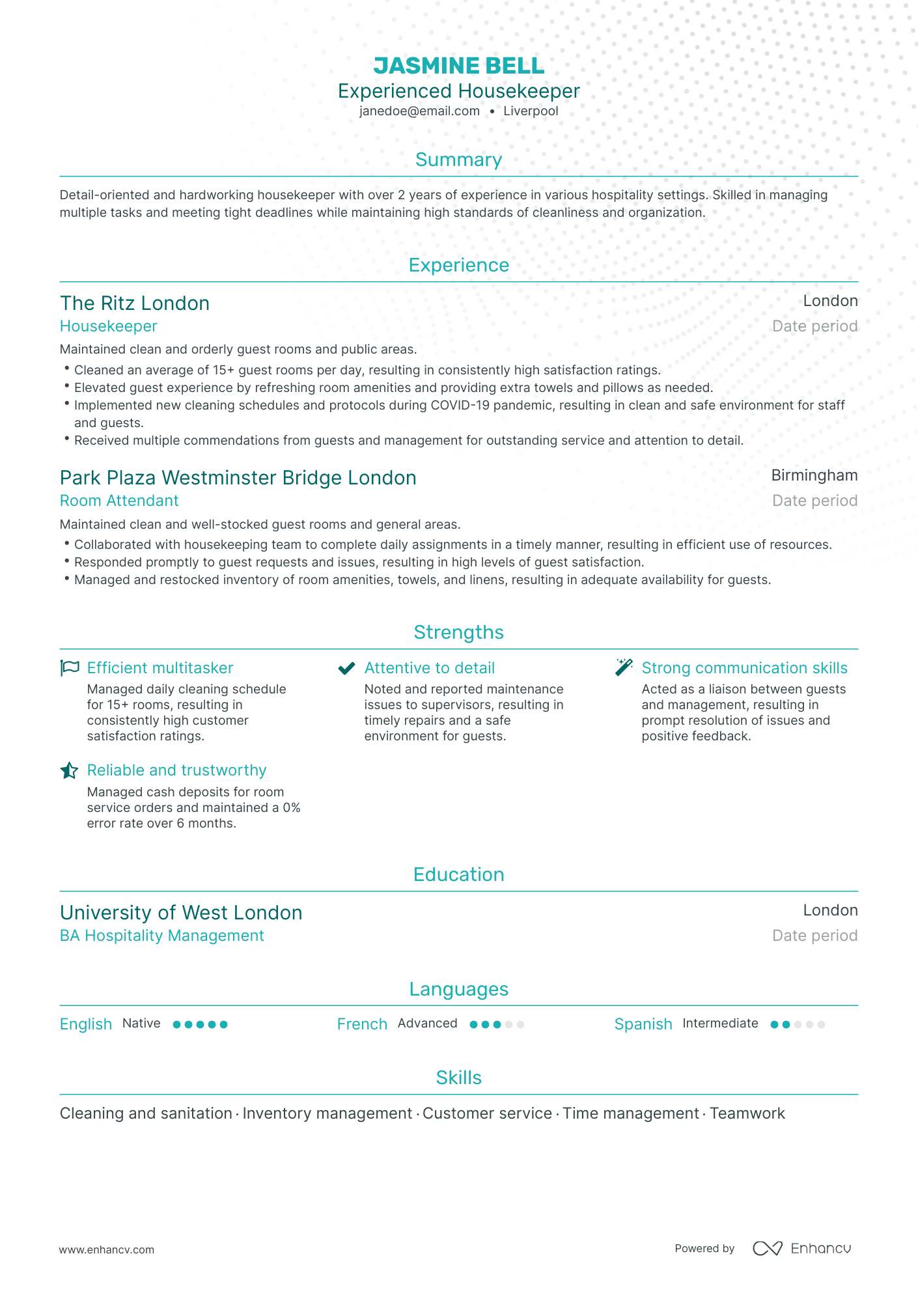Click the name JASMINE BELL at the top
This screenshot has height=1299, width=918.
click(458, 66)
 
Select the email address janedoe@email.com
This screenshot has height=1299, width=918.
click(419, 111)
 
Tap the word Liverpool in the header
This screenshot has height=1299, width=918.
click(531, 111)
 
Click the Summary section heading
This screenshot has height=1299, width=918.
click(458, 160)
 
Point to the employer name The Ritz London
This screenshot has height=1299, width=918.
click(135, 303)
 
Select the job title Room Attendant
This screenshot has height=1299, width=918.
click(119, 501)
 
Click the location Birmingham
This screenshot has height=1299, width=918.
click(814, 475)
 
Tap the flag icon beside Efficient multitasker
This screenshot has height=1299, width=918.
click(70, 668)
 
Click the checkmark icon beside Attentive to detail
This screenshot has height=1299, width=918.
click(346, 668)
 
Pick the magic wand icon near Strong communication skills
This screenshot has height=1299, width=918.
click(624, 667)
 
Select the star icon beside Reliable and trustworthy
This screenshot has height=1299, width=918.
click(69, 771)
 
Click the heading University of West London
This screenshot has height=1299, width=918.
click(181, 913)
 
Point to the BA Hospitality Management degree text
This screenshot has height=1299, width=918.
click(162, 936)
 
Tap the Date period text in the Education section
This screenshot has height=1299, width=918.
click(814, 936)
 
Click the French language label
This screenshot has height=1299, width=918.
click(362, 1024)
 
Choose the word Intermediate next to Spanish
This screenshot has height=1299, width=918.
click(720, 1024)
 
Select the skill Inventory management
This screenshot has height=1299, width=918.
click(327, 1113)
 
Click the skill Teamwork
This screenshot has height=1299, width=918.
click(747, 1113)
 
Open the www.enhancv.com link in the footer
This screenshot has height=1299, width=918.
click(107, 1250)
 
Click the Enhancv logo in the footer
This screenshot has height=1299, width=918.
click(801, 1248)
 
